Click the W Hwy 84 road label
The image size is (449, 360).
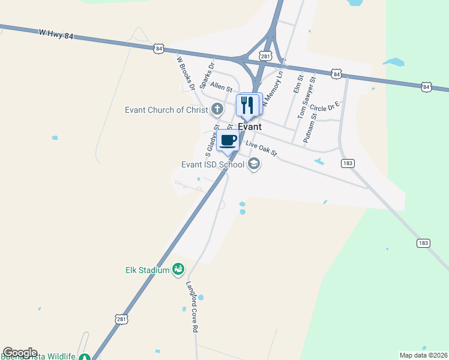tap(55, 36)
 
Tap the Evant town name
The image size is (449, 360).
tap(250, 127)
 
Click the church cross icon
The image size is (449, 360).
tap(217, 110)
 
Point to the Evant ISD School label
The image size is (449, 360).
tap(212, 164)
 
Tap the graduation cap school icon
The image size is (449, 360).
tap(254, 164)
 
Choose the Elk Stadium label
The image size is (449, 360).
tap(147, 270)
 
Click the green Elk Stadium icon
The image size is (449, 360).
tap(178, 270)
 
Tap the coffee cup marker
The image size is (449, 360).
tap(228, 142)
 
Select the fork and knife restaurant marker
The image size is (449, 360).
tap(247, 106)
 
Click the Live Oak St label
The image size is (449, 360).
tap(261, 149)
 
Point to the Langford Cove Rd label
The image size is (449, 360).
tap(191, 307)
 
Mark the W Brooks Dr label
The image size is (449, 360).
tap(185, 72)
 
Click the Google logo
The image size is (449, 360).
tap(20, 353)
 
